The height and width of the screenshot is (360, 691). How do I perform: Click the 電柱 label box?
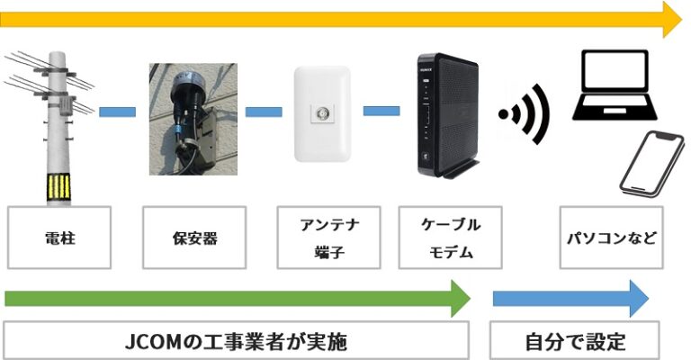(59, 238)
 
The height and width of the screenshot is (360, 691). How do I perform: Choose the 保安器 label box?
(194, 238)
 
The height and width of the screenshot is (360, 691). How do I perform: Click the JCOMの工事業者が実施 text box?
(236, 342)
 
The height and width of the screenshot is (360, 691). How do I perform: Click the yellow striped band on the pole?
(59, 187)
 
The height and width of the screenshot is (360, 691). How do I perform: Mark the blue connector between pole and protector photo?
(117, 112)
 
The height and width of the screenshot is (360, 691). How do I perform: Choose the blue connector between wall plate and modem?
(381, 112)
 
